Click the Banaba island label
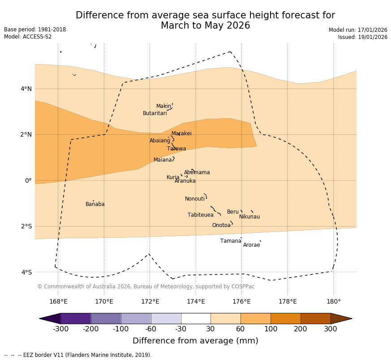click(x=95, y=204)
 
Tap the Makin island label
click(x=163, y=106)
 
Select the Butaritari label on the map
click(x=155, y=113)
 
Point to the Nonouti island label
click(x=195, y=199)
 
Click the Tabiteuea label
click(x=201, y=215)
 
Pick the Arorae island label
click(x=251, y=245)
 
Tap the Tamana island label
click(x=231, y=241)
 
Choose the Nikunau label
click(x=249, y=217)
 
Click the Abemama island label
click(x=197, y=172)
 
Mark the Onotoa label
click(x=221, y=225)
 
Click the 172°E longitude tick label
click(x=150, y=301)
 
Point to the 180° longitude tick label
click(x=333, y=301)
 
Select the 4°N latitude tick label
click(x=26, y=89)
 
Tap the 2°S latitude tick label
click(x=26, y=226)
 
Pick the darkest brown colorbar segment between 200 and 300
click(x=315, y=318)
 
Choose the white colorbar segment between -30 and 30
click(x=196, y=318)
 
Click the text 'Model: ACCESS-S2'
click(x=28, y=37)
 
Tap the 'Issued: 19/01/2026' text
click(x=363, y=37)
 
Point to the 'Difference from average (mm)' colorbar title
click(x=195, y=341)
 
